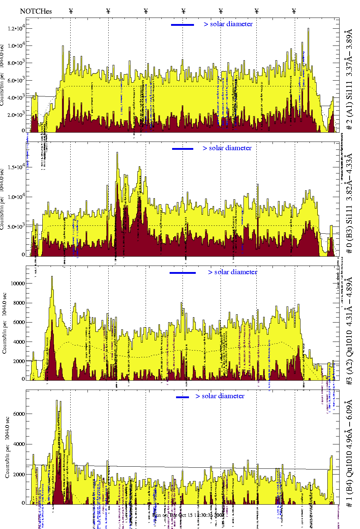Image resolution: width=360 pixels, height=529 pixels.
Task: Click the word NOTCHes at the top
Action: (x=36, y=11)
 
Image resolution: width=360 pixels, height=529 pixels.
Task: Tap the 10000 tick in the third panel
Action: (x=18, y=283)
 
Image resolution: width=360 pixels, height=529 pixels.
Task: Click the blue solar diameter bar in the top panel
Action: (x=183, y=25)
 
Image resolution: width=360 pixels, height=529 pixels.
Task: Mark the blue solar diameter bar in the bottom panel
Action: (x=183, y=397)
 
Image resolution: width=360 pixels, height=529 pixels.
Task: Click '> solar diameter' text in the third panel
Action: (x=233, y=272)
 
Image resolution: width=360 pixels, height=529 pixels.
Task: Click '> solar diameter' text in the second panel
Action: (x=227, y=148)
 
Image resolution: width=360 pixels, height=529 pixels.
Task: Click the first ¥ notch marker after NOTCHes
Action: (x=71, y=11)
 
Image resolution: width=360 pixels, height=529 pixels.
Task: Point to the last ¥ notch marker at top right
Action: (x=294, y=11)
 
